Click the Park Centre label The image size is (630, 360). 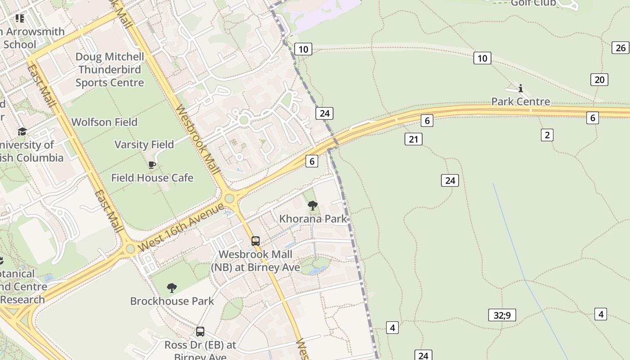point(521,101)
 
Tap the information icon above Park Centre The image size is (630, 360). point(521,88)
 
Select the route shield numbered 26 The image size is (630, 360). point(621,48)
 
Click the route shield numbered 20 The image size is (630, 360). point(599,80)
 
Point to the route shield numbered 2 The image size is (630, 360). point(547,135)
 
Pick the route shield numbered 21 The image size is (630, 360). point(413,139)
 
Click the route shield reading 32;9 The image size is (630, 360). point(502,315)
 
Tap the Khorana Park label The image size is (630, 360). point(313,219)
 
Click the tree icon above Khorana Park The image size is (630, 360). point(313,206)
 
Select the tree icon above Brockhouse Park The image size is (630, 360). point(171,288)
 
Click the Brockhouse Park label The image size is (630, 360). point(172,301)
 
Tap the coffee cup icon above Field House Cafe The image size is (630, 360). point(152,165)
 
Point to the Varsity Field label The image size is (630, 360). point(144,144)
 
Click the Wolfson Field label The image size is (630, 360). point(104,122)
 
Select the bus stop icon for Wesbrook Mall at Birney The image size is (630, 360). point(256,241)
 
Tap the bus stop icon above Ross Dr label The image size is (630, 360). point(200,332)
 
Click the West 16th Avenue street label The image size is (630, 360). point(181,227)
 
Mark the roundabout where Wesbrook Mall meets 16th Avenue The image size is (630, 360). point(229,198)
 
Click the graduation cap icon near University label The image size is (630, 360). point(22,131)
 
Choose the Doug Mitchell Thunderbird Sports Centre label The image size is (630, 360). point(110,69)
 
